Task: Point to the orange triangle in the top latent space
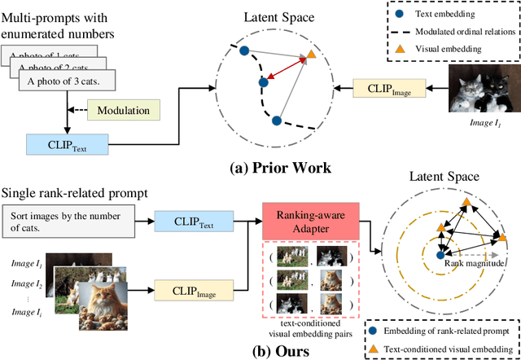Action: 310,55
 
